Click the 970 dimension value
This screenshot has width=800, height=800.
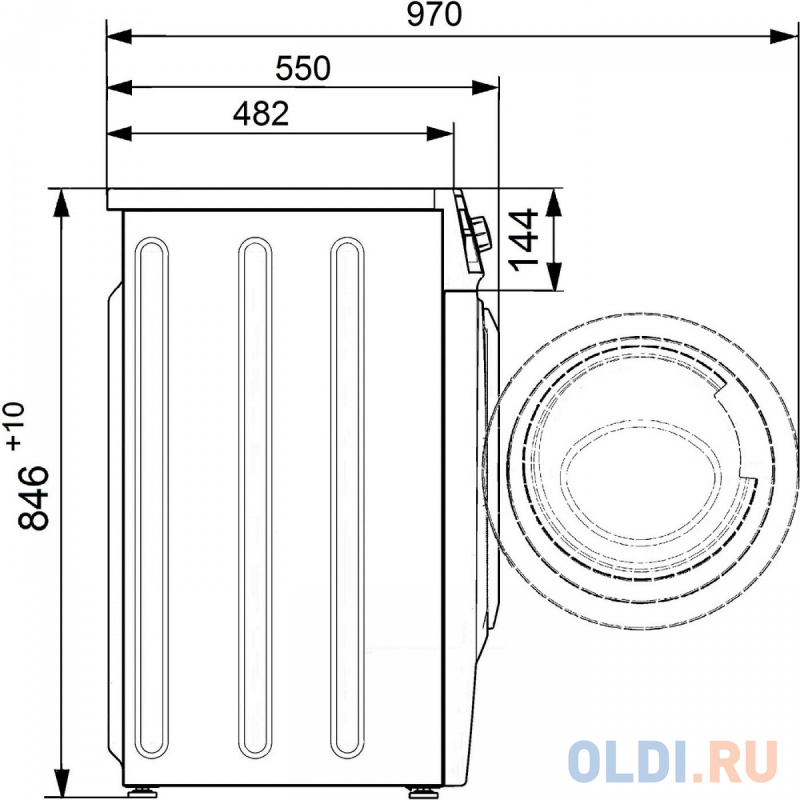(434, 15)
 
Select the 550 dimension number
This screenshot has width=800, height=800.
(303, 68)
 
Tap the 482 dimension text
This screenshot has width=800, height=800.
(261, 113)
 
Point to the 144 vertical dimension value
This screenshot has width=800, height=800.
(524, 239)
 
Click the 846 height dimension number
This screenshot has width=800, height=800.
(33, 498)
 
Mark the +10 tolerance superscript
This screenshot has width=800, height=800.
(15, 426)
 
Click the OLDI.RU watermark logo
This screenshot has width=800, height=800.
(673, 762)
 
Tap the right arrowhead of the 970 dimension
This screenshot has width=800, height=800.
(783, 37)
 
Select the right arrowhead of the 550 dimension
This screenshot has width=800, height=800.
(485, 88)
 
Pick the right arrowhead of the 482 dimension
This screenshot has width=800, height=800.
(440, 134)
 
